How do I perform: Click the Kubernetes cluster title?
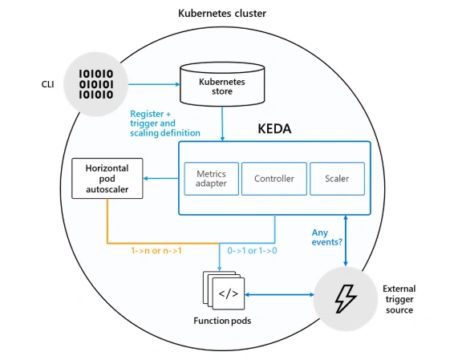pyautogui.click(x=222, y=14)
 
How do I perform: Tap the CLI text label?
pyautogui.click(x=47, y=84)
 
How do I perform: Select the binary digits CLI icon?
pyautogui.click(x=96, y=84)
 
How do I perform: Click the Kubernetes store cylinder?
pyautogui.click(x=222, y=84)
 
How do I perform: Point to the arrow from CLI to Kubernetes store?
pyautogui.click(x=154, y=84)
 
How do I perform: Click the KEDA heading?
pyautogui.click(x=274, y=129)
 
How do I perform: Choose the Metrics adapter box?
pyautogui.click(x=212, y=179)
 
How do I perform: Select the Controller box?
pyautogui.click(x=274, y=179)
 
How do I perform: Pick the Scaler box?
pyautogui.click(x=337, y=179)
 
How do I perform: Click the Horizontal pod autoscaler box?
pyautogui.click(x=107, y=178)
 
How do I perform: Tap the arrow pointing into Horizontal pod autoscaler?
pyautogui.click(x=160, y=178)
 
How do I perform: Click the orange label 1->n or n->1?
pyautogui.click(x=156, y=250)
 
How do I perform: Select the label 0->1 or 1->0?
pyautogui.click(x=252, y=250)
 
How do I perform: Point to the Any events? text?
pyautogui.click(x=326, y=237)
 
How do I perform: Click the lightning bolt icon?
pyautogui.click(x=346, y=299)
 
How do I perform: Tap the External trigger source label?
pyautogui.click(x=399, y=299)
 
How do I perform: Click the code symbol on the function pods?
pyautogui.click(x=229, y=293)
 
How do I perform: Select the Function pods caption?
pyautogui.click(x=222, y=321)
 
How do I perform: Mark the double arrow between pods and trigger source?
pyautogui.click(x=279, y=295)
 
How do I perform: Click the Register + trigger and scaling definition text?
pyautogui.click(x=165, y=123)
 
